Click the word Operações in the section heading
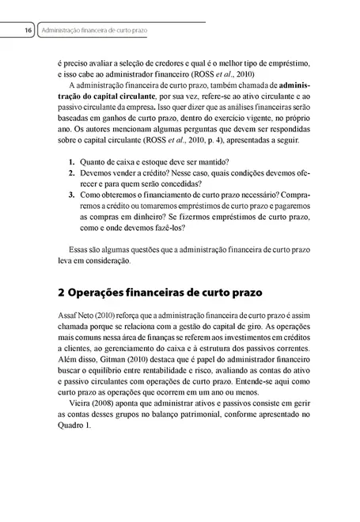click(x=106, y=292)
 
